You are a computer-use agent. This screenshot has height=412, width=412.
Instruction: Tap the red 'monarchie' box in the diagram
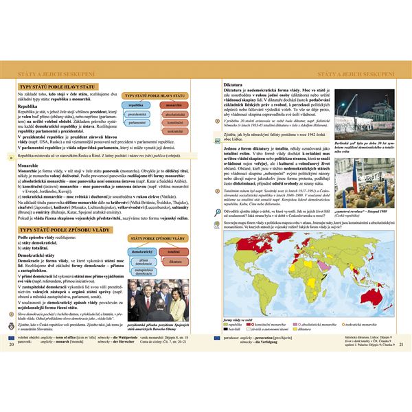(x=174, y=105)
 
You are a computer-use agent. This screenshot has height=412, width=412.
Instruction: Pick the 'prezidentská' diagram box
(x=137, y=113)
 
